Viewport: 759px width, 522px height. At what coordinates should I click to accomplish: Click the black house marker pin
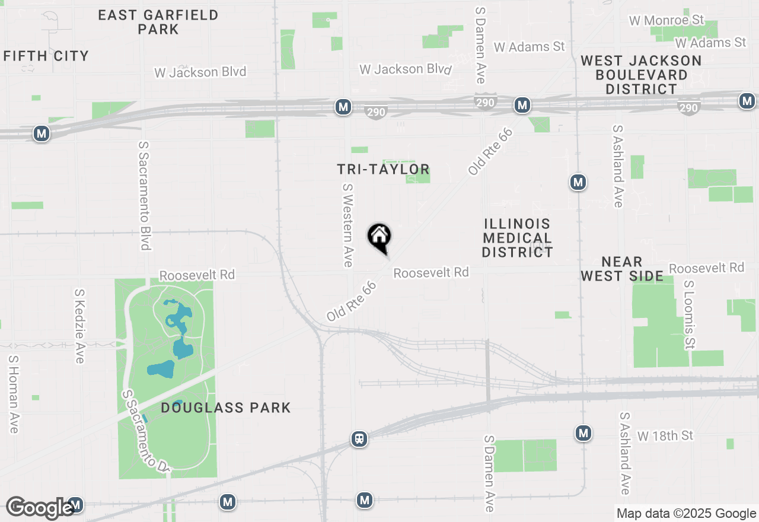click(x=379, y=238)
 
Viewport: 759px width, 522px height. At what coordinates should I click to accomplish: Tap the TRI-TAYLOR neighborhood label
click(x=383, y=170)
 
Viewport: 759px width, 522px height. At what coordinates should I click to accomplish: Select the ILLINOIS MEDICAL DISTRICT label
click(x=517, y=238)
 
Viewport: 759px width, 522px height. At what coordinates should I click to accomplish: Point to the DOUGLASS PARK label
click(x=226, y=408)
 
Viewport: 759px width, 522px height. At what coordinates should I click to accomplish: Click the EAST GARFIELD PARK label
click(x=158, y=21)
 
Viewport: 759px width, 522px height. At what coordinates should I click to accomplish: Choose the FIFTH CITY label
click(x=46, y=56)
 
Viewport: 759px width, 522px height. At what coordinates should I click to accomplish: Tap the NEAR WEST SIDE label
click(x=621, y=269)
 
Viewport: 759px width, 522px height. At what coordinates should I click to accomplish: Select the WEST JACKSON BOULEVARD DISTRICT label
click(x=641, y=75)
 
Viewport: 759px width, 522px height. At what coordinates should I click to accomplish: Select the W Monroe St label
click(x=667, y=21)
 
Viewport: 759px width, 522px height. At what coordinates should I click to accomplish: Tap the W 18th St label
click(x=665, y=436)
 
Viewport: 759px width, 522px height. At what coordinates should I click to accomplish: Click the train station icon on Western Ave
click(x=359, y=439)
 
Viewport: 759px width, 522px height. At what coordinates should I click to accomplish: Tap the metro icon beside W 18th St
click(x=583, y=434)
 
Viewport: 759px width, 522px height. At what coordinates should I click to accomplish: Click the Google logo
click(x=40, y=508)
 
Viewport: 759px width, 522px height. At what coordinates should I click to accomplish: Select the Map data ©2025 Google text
click(x=686, y=514)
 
